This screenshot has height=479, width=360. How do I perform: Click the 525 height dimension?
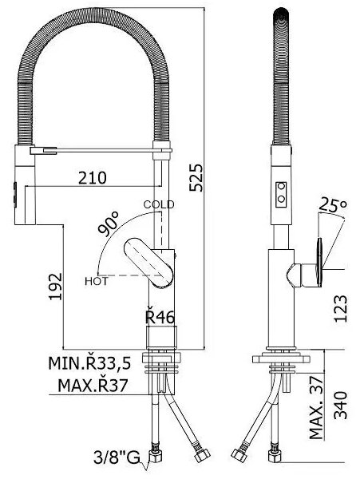[196, 178]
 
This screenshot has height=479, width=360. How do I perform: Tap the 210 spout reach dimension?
[93, 178]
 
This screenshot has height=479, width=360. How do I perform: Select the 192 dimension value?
[56, 287]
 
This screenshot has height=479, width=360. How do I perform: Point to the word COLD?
[159, 204]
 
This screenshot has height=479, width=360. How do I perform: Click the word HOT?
[97, 281]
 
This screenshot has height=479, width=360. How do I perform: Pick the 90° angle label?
[109, 224]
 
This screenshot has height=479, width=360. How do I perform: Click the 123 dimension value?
[341, 308]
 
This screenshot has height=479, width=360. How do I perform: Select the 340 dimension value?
[341, 405]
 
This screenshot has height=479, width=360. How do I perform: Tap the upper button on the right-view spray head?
[281, 186]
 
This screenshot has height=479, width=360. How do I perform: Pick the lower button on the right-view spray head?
[281, 199]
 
